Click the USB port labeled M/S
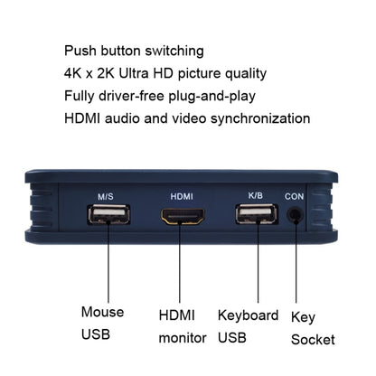[x=109, y=214]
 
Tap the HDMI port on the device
[x=182, y=216]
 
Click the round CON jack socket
[x=295, y=215]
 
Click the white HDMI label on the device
[x=182, y=196]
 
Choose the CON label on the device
[x=295, y=196]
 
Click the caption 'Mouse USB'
[x=102, y=324]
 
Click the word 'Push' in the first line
[x=81, y=51]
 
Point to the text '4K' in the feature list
[x=75, y=73]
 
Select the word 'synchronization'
[x=259, y=118]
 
